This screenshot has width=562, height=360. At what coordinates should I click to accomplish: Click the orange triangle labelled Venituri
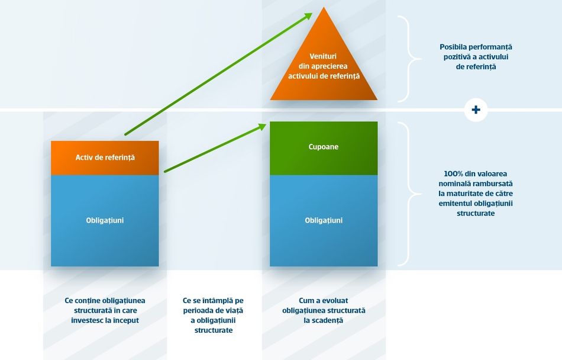(324, 68)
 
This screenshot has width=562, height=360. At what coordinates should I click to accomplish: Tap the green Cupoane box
(324, 148)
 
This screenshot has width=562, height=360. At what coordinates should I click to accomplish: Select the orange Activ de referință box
(105, 157)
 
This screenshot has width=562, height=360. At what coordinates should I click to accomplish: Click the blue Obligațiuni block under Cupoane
(324, 220)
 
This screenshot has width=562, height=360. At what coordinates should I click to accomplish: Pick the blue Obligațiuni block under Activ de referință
(105, 220)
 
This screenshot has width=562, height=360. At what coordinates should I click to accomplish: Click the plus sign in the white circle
(476, 110)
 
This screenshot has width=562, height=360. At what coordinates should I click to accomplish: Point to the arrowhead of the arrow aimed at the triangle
(308, 16)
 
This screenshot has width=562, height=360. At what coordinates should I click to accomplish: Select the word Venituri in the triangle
(323, 56)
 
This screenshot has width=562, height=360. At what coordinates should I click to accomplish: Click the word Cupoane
(323, 147)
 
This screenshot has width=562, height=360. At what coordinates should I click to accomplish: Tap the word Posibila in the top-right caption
(453, 47)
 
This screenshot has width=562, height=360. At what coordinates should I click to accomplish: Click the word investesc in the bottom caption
(87, 320)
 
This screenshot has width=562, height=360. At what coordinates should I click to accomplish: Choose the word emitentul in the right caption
(455, 203)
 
